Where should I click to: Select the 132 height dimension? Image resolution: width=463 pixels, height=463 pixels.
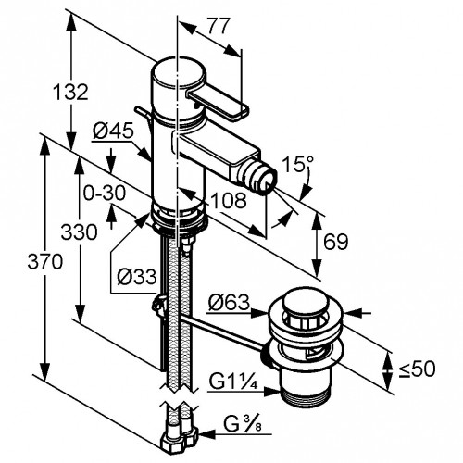71,92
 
